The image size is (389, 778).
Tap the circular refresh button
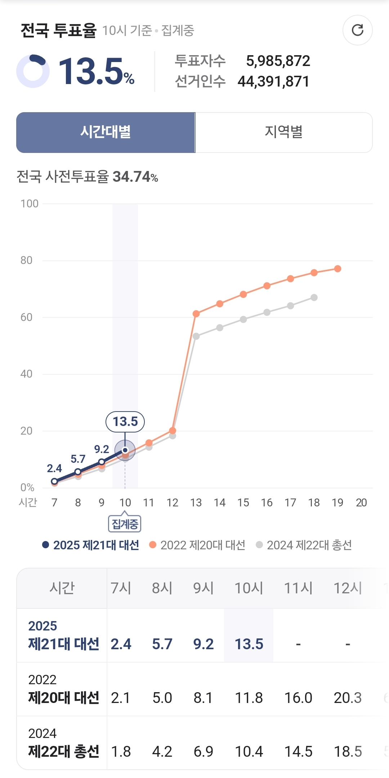(x=357, y=30)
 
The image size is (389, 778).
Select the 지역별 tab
(x=283, y=132)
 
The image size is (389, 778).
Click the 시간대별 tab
(x=106, y=132)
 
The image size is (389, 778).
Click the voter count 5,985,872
(x=278, y=61)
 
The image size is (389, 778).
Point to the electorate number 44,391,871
(x=273, y=82)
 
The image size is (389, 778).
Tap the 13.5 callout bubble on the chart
(x=125, y=422)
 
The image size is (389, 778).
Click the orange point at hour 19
(x=337, y=269)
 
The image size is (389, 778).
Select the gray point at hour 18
(x=314, y=298)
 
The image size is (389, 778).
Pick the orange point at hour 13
(x=196, y=314)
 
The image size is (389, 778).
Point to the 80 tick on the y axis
(x=26, y=260)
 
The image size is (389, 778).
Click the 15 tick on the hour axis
(x=243, y=503)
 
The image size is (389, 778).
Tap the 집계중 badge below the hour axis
(x=125, y=524)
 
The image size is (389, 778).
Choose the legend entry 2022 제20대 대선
(x=197, y=545)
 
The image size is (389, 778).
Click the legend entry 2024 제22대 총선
(x=304, y=545)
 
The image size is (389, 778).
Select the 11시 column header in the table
(x=298, y=588)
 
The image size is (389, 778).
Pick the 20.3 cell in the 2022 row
(x=348, y=698)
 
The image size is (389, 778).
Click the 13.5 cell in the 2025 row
(x=249, y=644)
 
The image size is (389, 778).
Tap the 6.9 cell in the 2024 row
(x=204, y=752)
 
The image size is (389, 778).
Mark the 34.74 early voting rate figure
(x=132, y=177)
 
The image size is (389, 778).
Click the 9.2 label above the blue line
(x=102, y=449)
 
